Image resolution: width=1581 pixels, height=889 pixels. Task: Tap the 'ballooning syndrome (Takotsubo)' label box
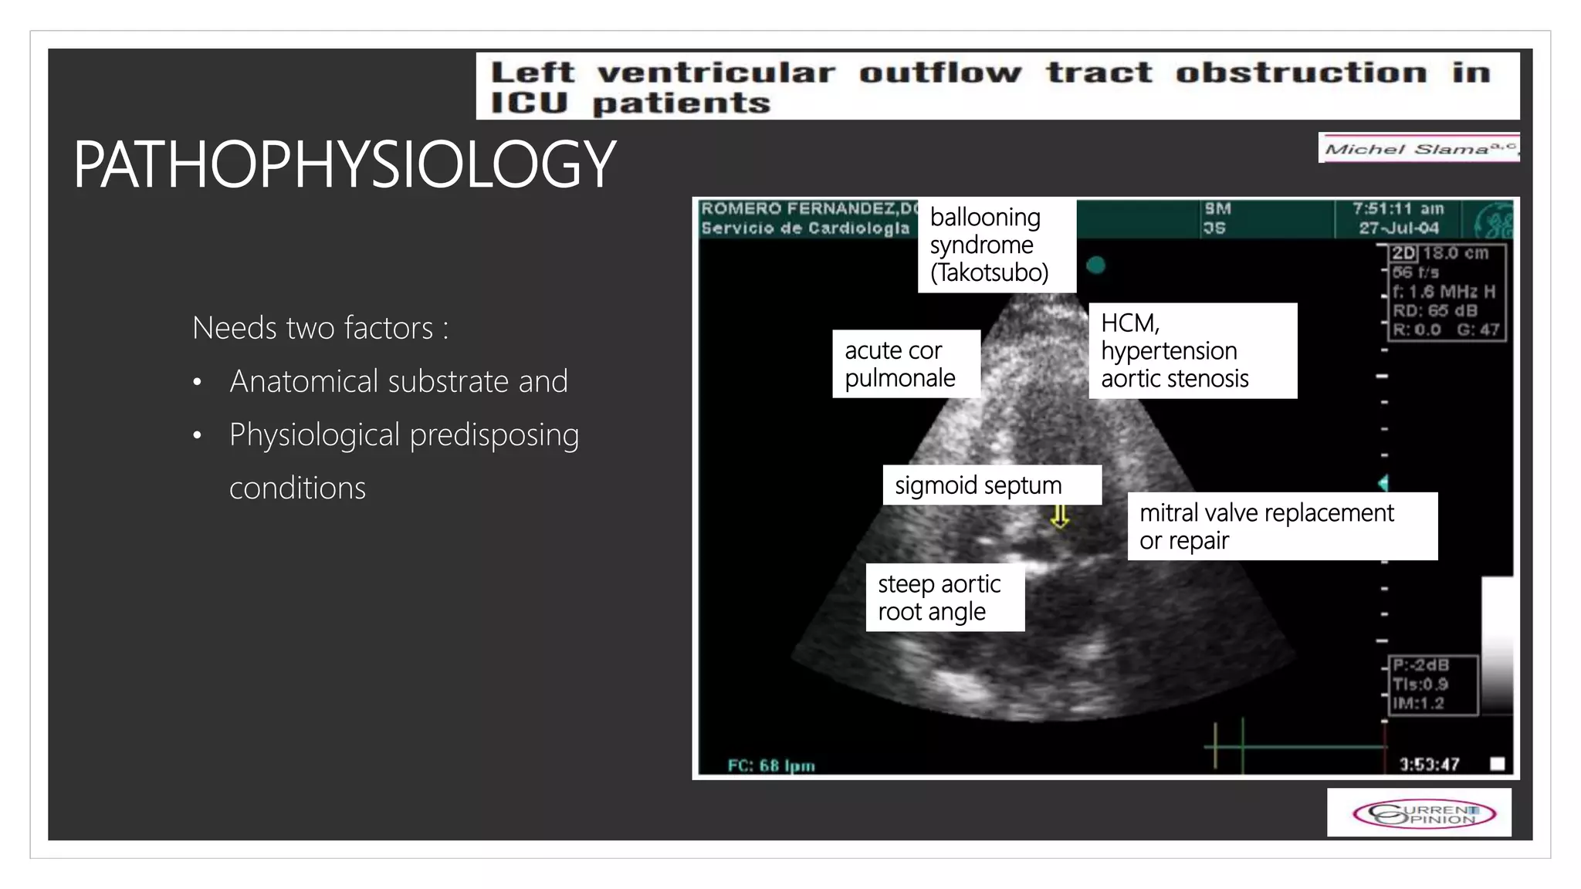[996, 245]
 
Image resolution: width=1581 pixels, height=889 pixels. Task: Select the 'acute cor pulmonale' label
[906, 364]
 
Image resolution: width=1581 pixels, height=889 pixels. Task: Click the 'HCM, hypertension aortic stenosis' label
[1191, 350]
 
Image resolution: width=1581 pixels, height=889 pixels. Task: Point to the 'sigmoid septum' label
[991, 485]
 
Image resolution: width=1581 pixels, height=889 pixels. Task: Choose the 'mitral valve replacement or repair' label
[1281, 526]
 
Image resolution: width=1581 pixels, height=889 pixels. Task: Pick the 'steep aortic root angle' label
[944, 598]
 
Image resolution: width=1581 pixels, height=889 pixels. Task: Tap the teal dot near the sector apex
[1095, 265]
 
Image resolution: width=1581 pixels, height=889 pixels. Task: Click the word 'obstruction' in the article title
[1301, 73]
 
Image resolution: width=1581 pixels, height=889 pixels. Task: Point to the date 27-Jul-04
[1398, 228]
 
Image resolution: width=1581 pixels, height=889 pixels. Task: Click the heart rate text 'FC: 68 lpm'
[771, 766]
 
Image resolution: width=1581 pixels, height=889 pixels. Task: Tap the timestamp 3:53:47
[1429, 765]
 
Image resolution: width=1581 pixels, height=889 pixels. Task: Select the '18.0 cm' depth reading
[1455, 254]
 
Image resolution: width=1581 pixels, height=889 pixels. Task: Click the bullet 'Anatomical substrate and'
[398, 381]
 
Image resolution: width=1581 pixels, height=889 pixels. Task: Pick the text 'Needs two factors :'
[320, 328]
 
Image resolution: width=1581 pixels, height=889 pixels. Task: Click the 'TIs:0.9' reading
[1420, 684]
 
